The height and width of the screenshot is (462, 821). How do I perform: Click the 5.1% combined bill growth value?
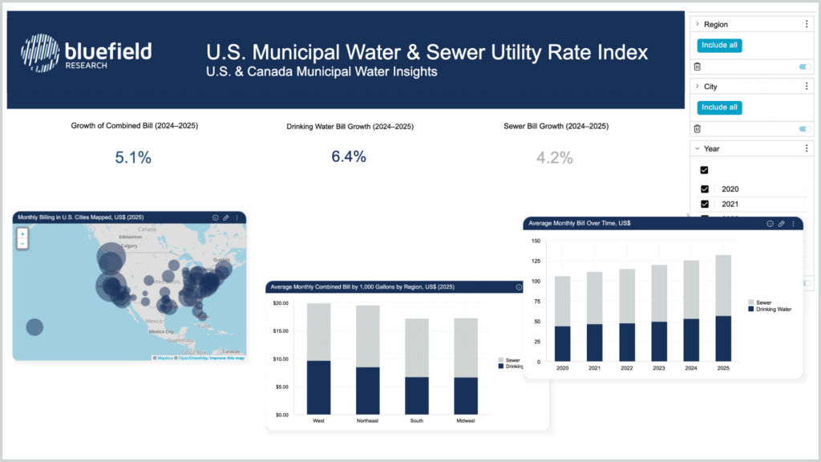(133, 157)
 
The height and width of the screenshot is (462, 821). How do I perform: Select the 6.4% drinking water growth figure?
(349, 156)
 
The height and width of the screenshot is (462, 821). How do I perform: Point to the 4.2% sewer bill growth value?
(555, 157)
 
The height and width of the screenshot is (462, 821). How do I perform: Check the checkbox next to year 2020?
(705, 189)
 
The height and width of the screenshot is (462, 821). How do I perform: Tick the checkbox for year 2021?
(705, 205)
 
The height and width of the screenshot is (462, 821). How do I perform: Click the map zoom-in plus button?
(22, 233)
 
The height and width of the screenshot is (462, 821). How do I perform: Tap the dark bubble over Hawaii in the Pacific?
(34, 326)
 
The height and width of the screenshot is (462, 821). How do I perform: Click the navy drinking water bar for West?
(319, 387)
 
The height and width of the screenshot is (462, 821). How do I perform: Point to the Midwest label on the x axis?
(466, 420)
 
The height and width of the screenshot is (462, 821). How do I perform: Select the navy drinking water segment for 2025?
(723, 338)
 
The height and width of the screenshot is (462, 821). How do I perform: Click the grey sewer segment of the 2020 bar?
(563, 301)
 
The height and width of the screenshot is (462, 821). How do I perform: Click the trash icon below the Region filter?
(697, 67)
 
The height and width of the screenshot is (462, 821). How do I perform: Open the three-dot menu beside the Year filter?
(807, 148)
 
